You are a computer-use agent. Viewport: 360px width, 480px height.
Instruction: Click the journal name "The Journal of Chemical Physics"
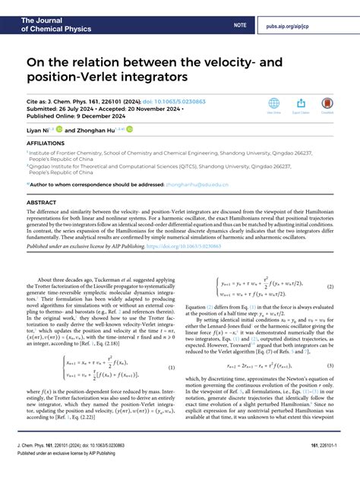(x=46, y=11)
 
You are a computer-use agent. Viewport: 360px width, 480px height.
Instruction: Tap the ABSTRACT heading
(x=41, y=204)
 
